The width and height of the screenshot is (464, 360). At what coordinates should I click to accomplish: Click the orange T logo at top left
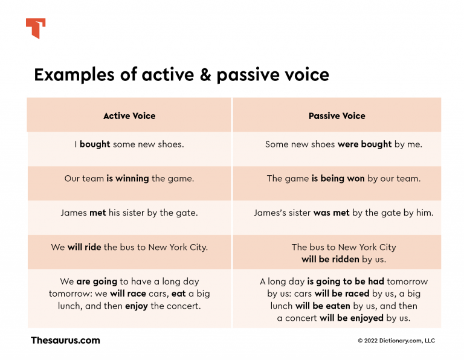tap(36, 28)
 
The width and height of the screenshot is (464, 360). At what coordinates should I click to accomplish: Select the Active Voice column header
tap(129, 115)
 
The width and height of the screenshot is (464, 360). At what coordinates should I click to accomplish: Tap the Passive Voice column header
tap(337, 115)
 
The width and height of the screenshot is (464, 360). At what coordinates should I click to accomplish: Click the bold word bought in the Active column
tap(95, 144)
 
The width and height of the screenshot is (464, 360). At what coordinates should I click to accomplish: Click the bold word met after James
tap(97, 213)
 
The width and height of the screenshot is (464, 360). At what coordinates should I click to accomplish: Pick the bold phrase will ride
tap(84, 247)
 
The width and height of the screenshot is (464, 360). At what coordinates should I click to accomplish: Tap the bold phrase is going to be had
tap(346, 281)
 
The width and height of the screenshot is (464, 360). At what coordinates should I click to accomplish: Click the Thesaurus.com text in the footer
tap(65, 340)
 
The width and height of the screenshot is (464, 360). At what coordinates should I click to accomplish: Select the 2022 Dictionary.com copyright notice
tap(396, 341)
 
